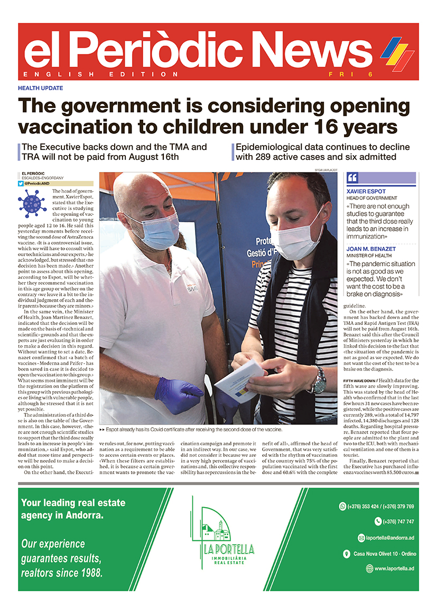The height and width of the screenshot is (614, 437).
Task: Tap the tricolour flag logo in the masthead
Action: [397, 53]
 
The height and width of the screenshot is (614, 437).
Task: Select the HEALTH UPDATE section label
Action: [40, 88]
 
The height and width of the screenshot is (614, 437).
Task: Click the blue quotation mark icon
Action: [352, 178]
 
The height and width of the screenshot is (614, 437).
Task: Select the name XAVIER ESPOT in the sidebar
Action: [366, 191]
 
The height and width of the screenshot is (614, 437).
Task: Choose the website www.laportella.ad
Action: [394, 568]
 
